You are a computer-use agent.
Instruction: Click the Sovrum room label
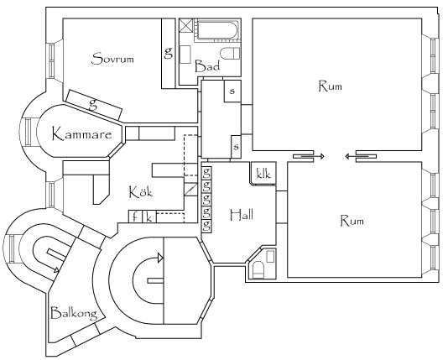pyautogui.click(x=112, y=59)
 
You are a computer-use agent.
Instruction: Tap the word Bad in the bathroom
pyautogui.click(x=207, y=65)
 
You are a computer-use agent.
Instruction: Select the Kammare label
pyautogui.click(x=82, y=134)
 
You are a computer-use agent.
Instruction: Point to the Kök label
pyautogui.click(x=141, y=191)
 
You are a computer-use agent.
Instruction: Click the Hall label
pyautogui.click(x=242, y=215)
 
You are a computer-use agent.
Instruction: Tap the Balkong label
pyautogui.click(x=74, y=314)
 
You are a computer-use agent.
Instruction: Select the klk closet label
pyautogui.click(x=263, y=174)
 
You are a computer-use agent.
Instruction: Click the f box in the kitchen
pyautogui.click(x=134, y=217)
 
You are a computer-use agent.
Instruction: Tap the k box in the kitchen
pyautogui.click(x=149, y=217)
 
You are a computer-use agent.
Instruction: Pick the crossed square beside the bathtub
pyautogui.click(x=186, y=26)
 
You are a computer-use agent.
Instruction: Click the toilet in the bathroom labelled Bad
pyautogui.click(x=230, y=54)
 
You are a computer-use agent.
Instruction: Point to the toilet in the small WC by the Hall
pyautogui.click(x=259, y=269)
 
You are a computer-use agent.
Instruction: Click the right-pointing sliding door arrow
pyautogui.click(x=313, y=156)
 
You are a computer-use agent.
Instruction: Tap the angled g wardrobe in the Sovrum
pyautogui.click(x=94, y=105)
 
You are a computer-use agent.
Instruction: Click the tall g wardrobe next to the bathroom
pyautogui.click(x=169, y=54)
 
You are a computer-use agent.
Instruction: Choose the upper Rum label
pyautogui.click(x=330, y=86)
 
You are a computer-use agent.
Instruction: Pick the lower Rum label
pyautogui.click(x=352, y=221)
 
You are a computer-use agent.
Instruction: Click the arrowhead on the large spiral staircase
pyautogui.click(x=160, y=258)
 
